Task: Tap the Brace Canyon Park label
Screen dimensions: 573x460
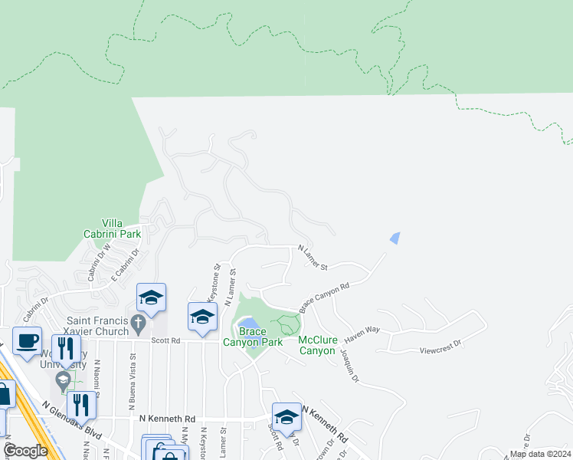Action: pos(253,337)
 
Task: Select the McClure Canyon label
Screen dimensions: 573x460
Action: pos(317,345)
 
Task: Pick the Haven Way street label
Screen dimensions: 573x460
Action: pos(362,331)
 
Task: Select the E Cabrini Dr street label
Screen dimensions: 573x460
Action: pos(127,262)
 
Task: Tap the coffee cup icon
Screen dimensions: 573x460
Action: pos(27,340)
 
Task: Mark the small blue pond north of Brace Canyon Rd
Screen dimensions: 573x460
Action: pos(395,238)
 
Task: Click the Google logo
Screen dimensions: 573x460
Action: pos(25,451)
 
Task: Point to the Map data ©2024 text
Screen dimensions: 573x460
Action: pos(539,454)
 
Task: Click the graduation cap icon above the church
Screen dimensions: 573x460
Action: pos(151,297)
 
